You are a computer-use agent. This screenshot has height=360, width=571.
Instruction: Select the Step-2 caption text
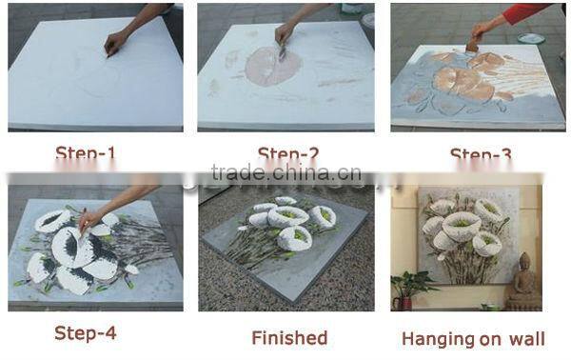click(x=288, y=153)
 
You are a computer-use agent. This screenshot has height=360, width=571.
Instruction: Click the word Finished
click(x=289, y=337)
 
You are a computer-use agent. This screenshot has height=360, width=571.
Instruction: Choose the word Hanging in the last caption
click(x=438, y=338)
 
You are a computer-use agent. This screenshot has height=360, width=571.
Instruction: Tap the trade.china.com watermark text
click(x=285, y=173)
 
